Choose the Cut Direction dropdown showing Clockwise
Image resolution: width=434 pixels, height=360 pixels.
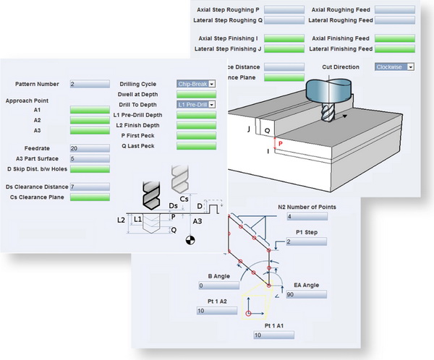pos(394,67)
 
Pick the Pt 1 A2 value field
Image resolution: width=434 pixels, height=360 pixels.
pos(216,311)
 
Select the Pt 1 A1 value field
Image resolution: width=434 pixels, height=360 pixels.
pos(274,335)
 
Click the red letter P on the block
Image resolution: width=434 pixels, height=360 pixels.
pos(279,144)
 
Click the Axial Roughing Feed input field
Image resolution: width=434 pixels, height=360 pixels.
pos(395,10)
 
